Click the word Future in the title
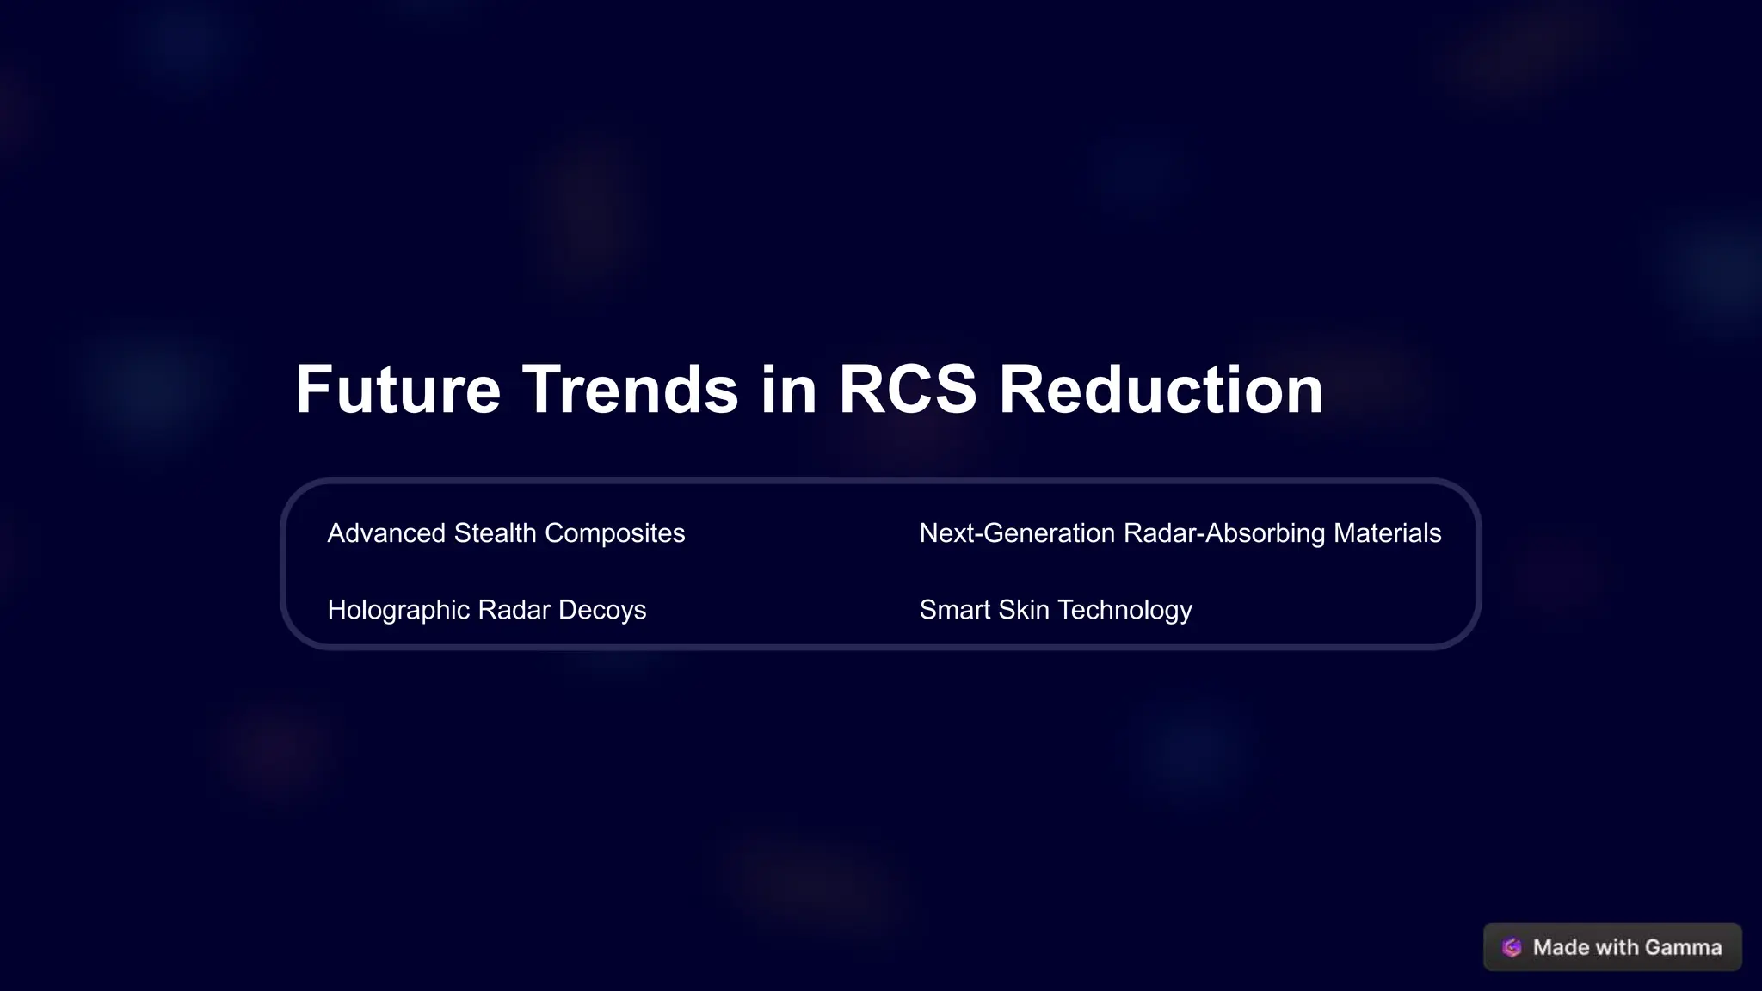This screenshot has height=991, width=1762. [x=397, y=390]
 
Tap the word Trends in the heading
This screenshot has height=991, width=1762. [x=630, y=390]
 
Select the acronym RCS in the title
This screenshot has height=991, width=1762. [x=907, y=390]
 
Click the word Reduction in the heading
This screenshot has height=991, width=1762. [x=1161, y=390]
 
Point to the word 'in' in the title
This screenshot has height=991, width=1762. [x=788, y=390]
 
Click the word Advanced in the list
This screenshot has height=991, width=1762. [x=386, y=533]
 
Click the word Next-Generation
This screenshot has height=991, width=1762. [x=1017, y=533]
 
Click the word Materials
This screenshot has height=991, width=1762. [x=1387, y=533]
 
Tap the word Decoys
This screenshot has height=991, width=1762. [x=601, y=610]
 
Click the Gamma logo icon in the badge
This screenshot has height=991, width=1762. [x=1512, y=947]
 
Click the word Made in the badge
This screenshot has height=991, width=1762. [x=1561, y=947]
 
